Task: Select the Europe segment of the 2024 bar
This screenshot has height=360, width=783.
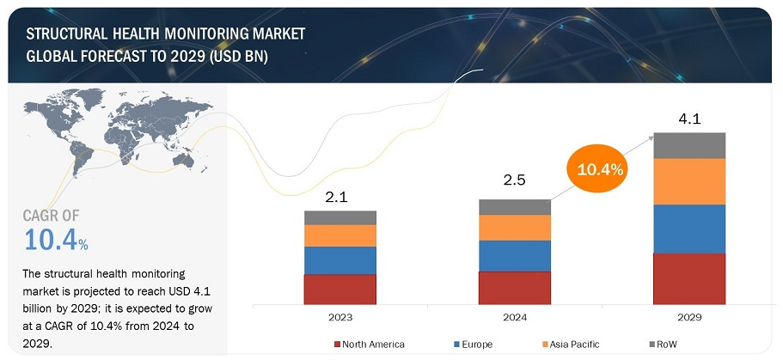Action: [x=515, y=255]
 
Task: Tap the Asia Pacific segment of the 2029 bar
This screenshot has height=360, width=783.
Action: [x=689, y=181]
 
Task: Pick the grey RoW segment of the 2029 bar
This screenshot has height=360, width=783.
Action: [x=689, y=145]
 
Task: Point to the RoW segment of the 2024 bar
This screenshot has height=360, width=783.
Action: [x=515, y=207]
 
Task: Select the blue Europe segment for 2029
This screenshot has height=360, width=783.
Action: [x=689, y=229]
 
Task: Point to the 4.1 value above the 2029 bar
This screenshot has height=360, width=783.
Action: [x=689, y=119]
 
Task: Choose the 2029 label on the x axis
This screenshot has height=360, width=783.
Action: [x=689, y=317]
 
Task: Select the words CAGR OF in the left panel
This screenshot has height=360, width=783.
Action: [x=52, y=215]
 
